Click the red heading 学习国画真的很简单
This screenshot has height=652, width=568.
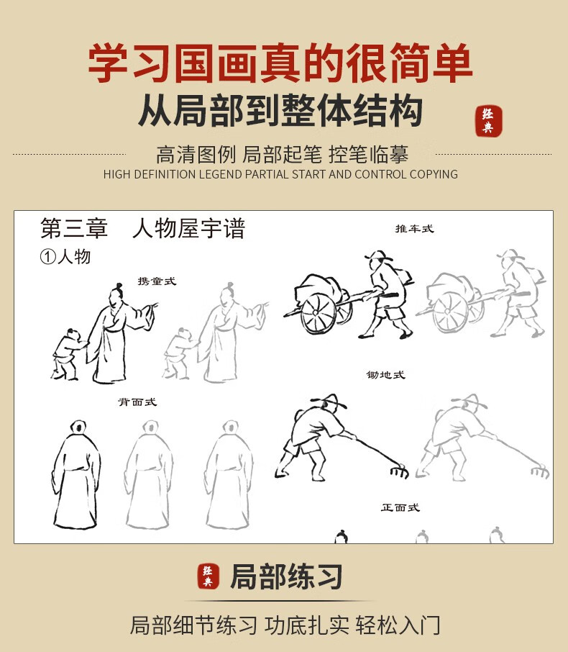(280, 63)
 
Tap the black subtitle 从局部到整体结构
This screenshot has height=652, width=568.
(280, 110)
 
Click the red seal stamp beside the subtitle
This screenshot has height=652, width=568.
(489, 121)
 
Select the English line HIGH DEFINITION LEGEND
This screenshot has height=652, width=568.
(280, 174)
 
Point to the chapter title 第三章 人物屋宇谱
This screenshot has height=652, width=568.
(143, 228)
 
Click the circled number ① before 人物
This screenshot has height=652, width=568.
(47, 257)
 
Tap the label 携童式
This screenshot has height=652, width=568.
(157, 281)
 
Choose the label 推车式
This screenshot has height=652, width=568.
(414, 229)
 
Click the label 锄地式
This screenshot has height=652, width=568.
(385, 375)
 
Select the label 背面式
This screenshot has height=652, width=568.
(137, 402)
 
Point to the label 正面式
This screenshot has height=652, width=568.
(400, 507)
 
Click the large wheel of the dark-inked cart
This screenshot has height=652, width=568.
(319, 314)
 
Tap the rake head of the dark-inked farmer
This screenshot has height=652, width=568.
(399, 471)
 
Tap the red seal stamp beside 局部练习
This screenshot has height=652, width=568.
(209, 576)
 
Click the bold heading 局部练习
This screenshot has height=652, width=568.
(286, 576)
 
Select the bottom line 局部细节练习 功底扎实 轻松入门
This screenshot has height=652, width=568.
(285, 625)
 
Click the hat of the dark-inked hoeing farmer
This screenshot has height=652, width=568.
(330, 400)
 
